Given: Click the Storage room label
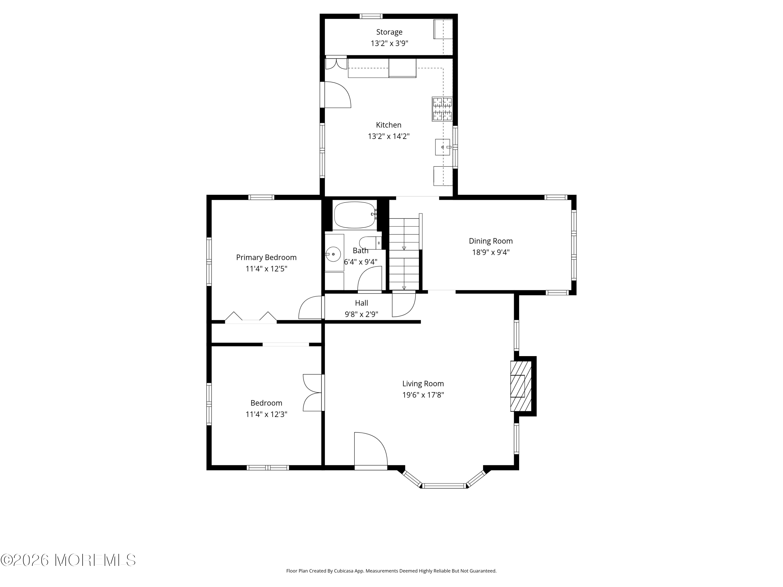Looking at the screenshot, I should (389, 32).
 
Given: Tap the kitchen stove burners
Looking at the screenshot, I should (442, 109).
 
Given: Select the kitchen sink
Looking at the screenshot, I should (442, 147).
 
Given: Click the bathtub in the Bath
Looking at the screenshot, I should (355, 215).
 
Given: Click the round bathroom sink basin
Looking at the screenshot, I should (333, 254).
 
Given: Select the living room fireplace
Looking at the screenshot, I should (521, 386).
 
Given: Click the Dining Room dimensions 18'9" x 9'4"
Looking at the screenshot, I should (491, 252).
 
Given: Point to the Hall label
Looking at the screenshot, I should (361, 303).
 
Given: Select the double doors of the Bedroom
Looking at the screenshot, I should (313, 392).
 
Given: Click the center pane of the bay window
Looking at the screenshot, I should (444, 486).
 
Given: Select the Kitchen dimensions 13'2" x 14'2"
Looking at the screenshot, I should (389, 136).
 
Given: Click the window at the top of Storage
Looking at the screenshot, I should (371, 16).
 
